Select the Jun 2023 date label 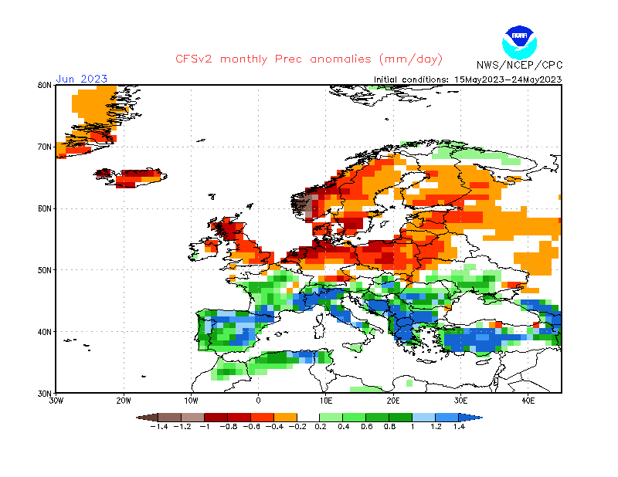81,79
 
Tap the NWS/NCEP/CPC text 518,65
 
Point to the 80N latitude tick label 44,85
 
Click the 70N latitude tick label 44,147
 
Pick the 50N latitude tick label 44,270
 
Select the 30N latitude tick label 44,393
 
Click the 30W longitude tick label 56,401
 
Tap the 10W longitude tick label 191,401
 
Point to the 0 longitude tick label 258,401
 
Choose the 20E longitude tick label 393,401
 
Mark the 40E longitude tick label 528,401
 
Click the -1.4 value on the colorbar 159,426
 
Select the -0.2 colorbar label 297,426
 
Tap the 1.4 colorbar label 458,426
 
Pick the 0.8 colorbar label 389,426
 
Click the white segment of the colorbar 309,417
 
